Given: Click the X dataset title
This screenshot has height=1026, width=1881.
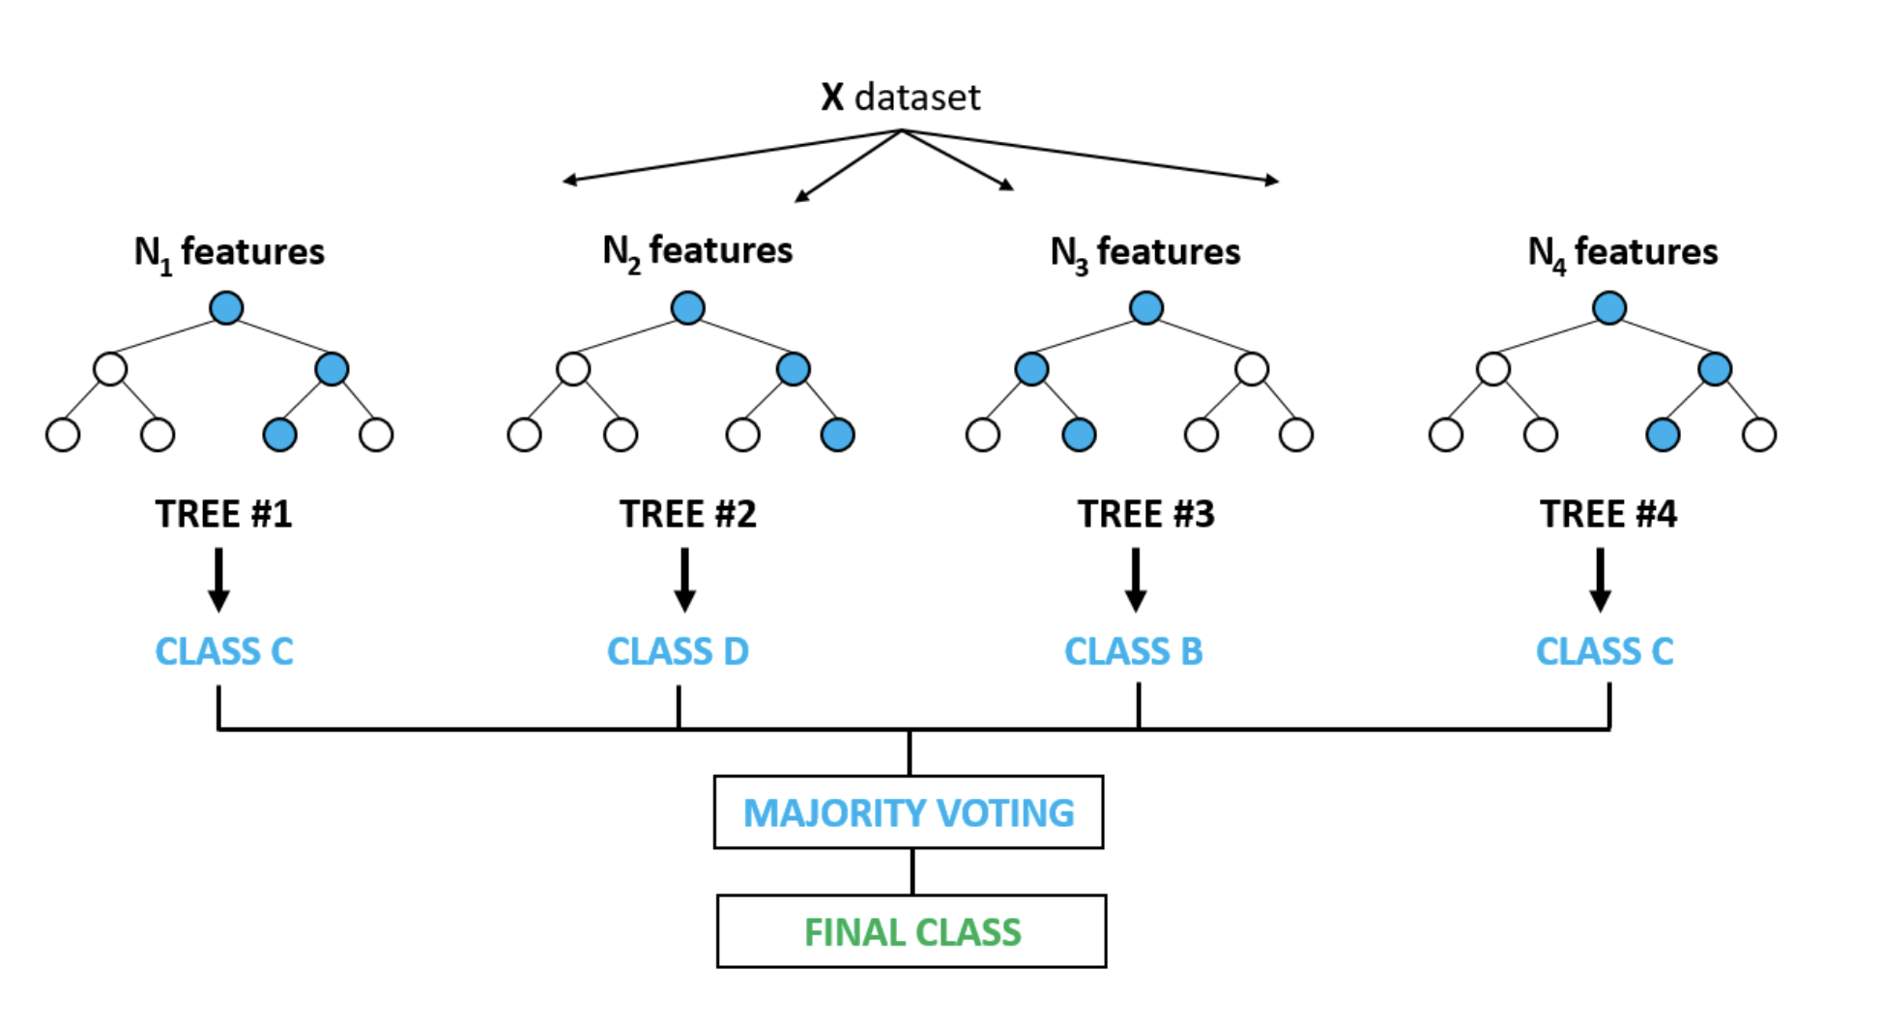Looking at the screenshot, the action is tap(901, 97).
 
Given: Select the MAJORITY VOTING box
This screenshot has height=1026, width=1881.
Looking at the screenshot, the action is tap(909, 812).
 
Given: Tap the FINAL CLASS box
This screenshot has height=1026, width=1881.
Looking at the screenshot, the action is tap(912, 931).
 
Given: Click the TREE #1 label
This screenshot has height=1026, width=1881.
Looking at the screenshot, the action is tap(223, 514).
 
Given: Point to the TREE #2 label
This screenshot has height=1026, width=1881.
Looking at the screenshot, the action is tap(687, 514).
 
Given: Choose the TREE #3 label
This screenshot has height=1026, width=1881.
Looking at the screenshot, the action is tap(1146, 514).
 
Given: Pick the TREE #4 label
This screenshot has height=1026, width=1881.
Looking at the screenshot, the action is tap(1608, 514).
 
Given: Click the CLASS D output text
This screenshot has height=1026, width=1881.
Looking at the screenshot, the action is tap(678, 651).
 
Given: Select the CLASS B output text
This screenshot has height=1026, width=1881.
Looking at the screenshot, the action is tap(1134, 651).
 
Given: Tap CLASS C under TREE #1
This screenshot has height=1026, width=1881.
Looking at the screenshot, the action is tap(224, 651).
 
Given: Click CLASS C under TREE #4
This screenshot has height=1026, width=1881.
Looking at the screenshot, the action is tap(1605, 651).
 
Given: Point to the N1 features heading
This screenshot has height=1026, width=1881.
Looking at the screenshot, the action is tap(229, 253).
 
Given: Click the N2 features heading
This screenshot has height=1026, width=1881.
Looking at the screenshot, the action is tap(697, 252).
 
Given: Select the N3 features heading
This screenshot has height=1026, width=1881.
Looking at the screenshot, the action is tap(1145, 253).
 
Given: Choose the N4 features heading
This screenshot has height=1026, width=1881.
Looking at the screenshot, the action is tap(1623, 253).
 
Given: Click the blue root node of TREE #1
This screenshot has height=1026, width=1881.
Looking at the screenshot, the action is tap(226, 308).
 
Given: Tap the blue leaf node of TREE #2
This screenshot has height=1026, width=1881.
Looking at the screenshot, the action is tap(837, 435).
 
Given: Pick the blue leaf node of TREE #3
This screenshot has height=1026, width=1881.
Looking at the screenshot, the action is tap(1079, 435).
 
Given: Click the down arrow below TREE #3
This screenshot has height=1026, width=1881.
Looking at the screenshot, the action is tap(1136, 581).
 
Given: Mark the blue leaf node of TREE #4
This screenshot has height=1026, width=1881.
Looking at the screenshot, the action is tap(1663, 435).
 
